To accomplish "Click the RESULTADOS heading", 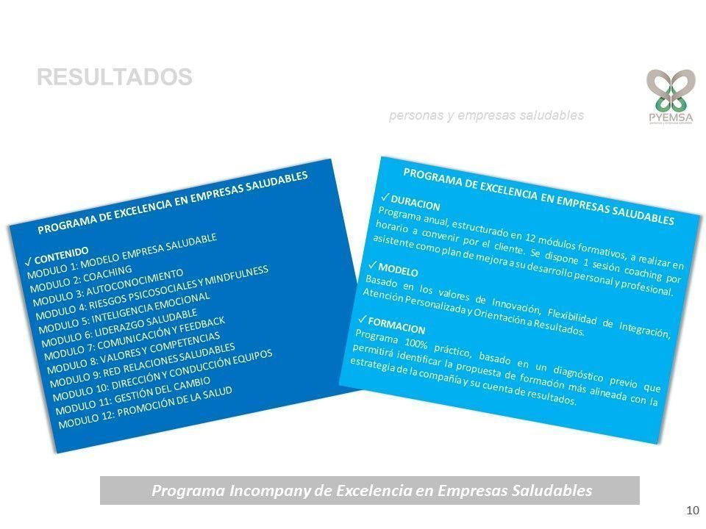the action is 115,77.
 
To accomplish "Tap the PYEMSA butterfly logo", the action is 671,96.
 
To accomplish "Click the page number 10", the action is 693,510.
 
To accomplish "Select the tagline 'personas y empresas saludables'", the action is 486,115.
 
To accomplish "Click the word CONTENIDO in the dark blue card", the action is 62,255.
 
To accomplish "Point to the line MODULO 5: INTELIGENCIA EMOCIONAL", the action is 125,313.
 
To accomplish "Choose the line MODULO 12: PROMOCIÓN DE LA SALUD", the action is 146,408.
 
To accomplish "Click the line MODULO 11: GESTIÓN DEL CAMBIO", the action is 133,395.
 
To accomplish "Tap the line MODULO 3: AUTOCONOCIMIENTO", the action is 108,288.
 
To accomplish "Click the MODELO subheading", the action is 398,270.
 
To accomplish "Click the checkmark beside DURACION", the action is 385,197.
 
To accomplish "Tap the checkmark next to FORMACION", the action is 363,319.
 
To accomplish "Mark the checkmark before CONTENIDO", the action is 29,262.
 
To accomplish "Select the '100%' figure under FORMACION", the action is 416,344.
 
